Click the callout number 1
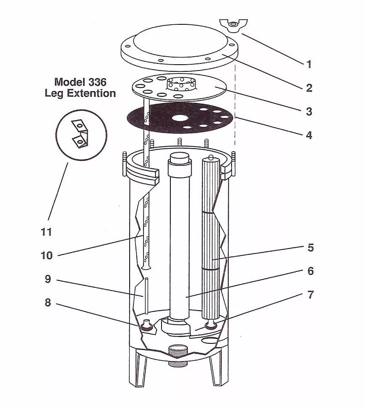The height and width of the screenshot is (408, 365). (309, 64)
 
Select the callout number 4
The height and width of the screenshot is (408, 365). (309, 135)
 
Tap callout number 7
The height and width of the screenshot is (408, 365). (310, 295)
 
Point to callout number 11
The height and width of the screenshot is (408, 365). (46, 232)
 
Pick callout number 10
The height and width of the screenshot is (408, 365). (47, 256)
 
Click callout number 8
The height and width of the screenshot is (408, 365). (48, 303)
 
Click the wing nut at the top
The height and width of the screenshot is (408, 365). (233, 25)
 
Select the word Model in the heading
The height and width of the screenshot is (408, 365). (70, 82)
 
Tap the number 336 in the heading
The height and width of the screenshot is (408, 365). (97, 82)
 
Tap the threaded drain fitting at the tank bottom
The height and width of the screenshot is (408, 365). (179, 356)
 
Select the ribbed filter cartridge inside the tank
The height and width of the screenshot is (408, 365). (211, 238)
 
